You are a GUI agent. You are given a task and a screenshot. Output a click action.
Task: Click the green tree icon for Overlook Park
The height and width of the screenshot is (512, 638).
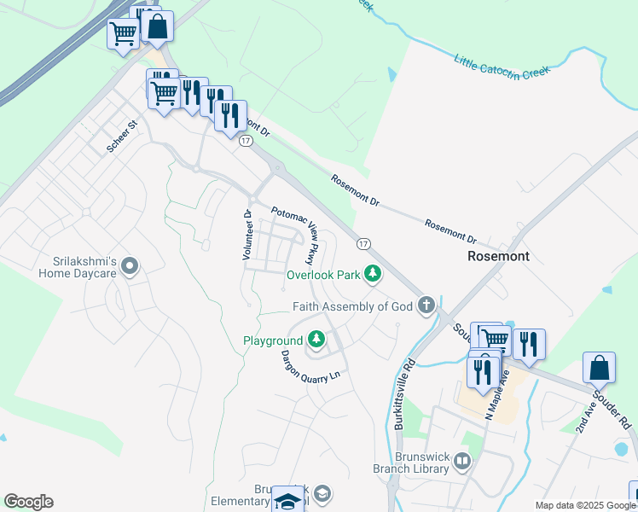coord(372,274)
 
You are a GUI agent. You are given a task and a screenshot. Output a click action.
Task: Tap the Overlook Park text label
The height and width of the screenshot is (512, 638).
coord(323,276)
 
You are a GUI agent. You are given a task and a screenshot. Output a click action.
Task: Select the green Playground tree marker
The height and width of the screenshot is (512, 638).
coord(316,340)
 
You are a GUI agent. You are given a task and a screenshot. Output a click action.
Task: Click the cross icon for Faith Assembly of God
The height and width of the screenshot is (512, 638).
coord(426,305)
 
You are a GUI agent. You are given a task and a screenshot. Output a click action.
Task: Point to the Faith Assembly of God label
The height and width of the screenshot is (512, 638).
coord(352,306)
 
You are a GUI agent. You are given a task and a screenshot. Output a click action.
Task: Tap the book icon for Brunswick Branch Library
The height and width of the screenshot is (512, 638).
coord(461,462)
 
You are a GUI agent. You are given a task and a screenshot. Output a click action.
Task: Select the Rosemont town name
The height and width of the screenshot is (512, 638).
coord(498,256)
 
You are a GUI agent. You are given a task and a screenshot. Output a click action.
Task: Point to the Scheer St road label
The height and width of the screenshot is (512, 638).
coord(122,137)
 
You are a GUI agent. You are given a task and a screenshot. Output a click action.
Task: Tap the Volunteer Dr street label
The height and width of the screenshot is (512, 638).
coord(246,236)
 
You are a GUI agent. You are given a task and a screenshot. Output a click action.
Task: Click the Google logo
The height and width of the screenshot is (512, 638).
coord(28,502)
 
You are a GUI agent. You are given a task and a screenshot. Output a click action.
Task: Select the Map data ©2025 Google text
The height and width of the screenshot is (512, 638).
coord(585,505)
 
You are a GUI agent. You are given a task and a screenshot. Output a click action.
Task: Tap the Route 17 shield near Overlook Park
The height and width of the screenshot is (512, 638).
coord(363,244)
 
